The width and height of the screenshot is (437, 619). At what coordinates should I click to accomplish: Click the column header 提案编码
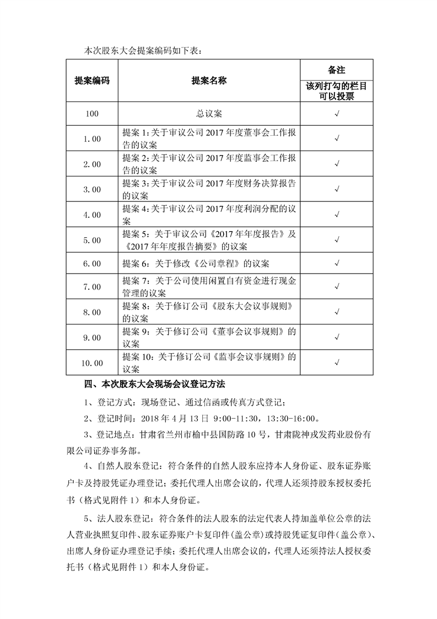[92, 81]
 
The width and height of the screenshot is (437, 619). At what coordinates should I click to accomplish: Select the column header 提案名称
[209, 81]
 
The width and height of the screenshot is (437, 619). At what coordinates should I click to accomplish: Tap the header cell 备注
[336, 70]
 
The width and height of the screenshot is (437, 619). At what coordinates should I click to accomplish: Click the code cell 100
[92, 114]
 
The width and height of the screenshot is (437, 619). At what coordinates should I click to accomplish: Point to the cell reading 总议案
[209, 114]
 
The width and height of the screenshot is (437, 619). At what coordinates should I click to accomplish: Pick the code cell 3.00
[92, 189]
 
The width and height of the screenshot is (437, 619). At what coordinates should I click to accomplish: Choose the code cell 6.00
[92, 264]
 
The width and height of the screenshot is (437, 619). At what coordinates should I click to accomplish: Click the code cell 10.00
[92, 363]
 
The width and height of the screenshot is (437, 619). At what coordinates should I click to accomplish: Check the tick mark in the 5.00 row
[336, 240]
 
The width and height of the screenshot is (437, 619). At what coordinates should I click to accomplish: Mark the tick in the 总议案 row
[336, 114]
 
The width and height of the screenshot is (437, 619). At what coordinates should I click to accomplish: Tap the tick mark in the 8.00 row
[336, 312]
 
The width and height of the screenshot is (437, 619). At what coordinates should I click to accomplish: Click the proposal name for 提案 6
[196, 264]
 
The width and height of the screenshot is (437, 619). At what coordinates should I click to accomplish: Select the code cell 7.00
[92, 287]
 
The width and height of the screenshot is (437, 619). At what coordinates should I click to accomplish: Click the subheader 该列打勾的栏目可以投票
[336, 91]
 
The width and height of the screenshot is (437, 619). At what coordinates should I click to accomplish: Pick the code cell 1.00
[92, 139]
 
